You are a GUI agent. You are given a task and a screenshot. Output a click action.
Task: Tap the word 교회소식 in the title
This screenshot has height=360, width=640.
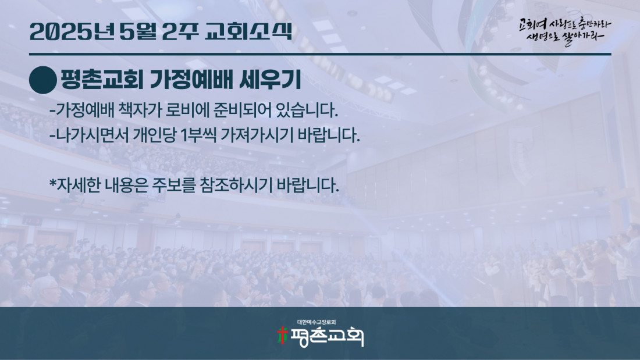point(248,31)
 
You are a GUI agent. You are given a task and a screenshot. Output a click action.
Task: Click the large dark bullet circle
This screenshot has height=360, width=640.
point(43,80)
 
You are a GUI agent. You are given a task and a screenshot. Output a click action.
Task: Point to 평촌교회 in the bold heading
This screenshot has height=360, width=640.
point(102,80)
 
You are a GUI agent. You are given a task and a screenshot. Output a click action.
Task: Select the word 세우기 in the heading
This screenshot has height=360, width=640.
point(270,80)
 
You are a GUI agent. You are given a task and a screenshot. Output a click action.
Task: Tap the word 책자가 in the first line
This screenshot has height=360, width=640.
point(140,110)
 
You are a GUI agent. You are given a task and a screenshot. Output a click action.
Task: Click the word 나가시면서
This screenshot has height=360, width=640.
point(92,135)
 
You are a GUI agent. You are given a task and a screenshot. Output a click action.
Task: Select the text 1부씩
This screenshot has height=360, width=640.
point(198,135)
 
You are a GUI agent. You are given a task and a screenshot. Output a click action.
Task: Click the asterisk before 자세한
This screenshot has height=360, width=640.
point(52,183)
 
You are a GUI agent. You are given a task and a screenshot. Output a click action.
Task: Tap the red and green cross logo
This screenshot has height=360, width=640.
point(282,336)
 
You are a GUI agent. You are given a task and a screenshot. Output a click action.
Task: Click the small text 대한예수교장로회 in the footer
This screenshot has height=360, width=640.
point(317,322)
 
